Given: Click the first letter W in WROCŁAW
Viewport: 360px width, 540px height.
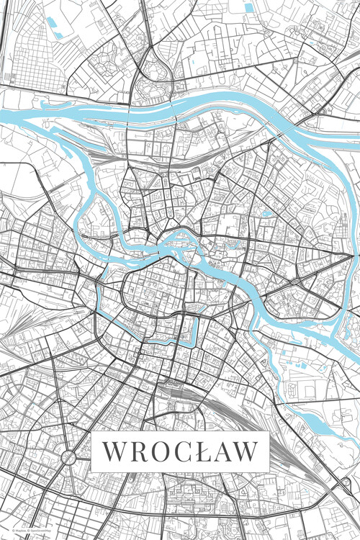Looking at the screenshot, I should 114,451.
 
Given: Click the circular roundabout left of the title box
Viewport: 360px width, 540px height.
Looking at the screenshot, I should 70,456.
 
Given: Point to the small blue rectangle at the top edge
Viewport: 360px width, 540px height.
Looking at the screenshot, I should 249,7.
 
